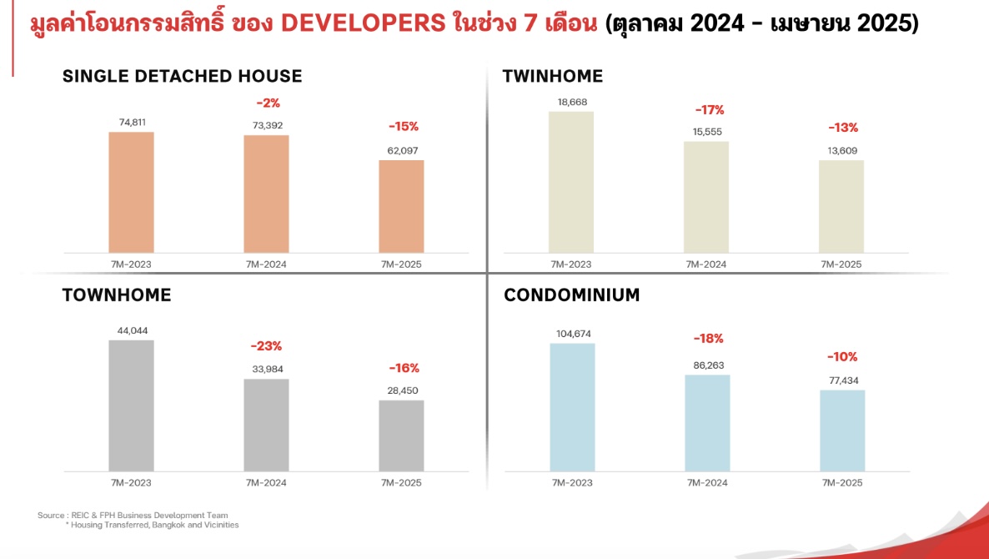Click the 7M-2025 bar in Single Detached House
point(401,206)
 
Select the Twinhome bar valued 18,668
point(571,182)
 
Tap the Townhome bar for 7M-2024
point(266,425)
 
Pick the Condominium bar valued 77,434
point(842,430)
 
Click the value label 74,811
point(131,122)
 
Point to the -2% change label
point(268,103)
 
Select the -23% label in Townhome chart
point(267,345)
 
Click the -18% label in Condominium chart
point(709,339)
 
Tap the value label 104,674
point(572,334)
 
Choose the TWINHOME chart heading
point(552,77)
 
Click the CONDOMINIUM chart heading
point(572,295)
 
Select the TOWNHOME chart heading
point(117,295)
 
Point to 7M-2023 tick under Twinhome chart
point(571,264)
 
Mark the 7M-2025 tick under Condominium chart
point(842,483)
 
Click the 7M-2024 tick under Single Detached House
point(266,264)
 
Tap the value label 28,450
point(403,390)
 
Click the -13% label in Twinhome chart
point(843,128)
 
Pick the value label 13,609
point(842,151)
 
